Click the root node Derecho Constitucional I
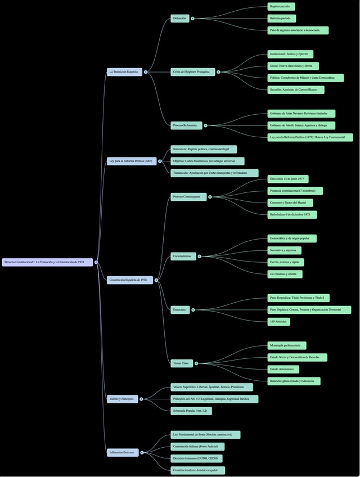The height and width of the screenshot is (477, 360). point(47,262)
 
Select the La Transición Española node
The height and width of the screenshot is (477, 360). point(124,72)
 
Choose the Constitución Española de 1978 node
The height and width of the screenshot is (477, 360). point(129,280)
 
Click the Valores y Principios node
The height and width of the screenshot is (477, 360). point(122,399)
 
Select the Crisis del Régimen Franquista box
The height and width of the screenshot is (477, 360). point(193,72)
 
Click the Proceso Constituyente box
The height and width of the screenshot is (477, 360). point(189,196)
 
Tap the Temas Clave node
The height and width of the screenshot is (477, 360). point(181,363)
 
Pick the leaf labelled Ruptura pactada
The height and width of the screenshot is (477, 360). point(281,6)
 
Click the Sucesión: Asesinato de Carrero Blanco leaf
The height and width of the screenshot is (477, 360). point(296,89)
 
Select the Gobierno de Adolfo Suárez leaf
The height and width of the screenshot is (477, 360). point(301,125)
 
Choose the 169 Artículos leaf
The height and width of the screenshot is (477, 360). point(278,322)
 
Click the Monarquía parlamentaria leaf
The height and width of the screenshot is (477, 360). point(287,345)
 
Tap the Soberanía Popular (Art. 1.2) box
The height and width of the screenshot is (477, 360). point(191,411)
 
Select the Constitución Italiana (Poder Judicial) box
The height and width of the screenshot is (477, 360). point(197,447)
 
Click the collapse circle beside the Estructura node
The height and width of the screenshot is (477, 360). point(192,310)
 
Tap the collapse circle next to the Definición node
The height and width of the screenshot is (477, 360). point(192,19)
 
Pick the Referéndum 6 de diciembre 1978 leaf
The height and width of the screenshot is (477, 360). point(292,214)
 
